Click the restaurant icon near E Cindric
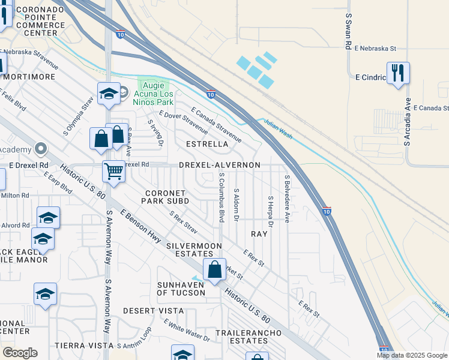coord(398,73)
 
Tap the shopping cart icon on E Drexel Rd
coord(113,172)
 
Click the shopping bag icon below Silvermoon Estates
coord(214,270)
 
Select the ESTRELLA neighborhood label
coord(207,145)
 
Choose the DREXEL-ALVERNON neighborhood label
coord(219,165)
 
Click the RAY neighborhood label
coord(259,234)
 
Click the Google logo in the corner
coord(20,353)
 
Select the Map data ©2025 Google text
coord(411,355)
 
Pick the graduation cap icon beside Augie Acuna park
coord(109,94)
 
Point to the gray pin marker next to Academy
coord(40,148)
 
